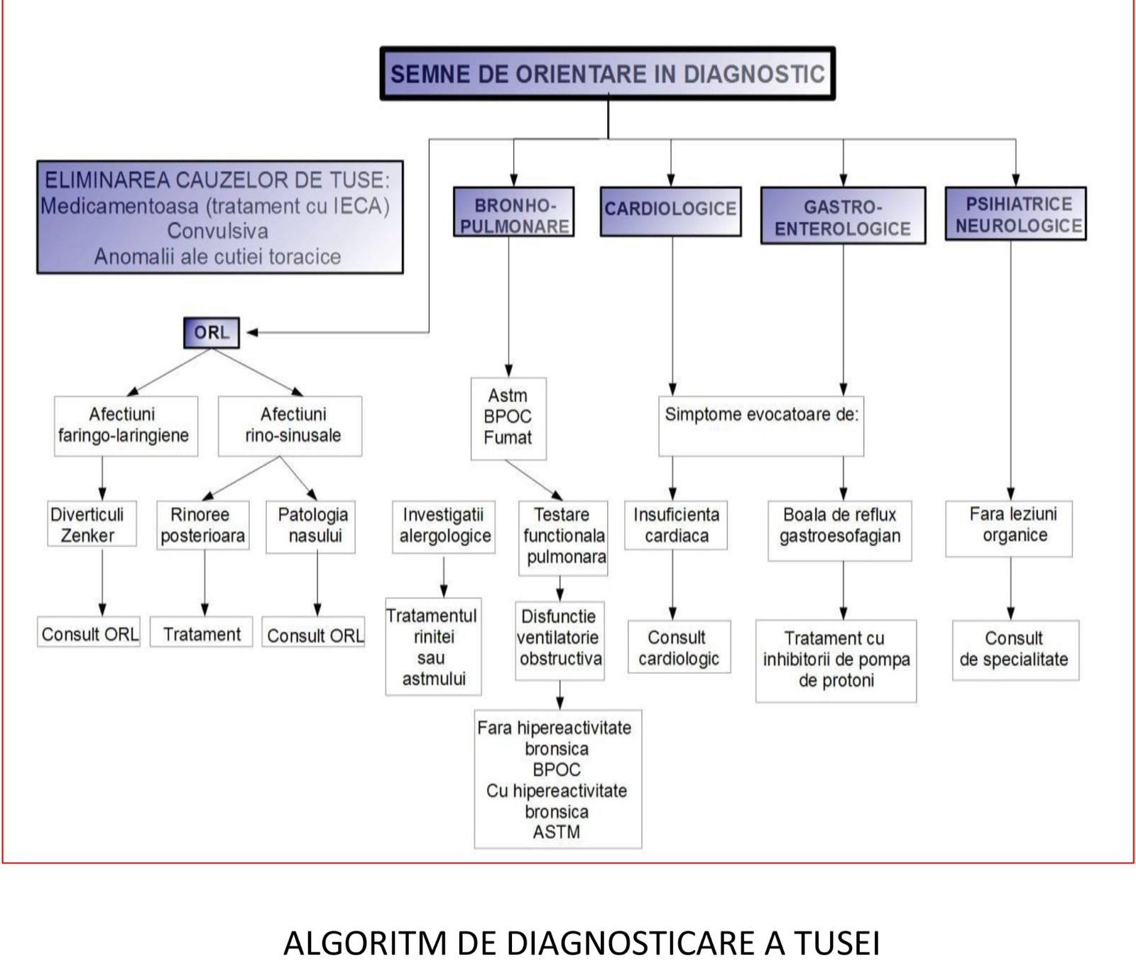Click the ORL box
click(211, 332)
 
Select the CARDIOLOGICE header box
click(670, 210)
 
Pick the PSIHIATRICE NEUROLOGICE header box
click(1015, 214)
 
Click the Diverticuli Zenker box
click(92, 525)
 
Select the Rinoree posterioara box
click(204, 525)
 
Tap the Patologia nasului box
click(310, 526)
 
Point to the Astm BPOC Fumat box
click(508, 417)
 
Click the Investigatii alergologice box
click(444, 526)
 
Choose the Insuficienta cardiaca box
click(676, 525)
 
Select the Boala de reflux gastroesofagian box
click(840, 530)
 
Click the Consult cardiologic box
click(679, 647)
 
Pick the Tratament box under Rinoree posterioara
click(202, 633)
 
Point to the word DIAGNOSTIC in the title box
click(754, 74)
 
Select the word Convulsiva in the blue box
click(218, 231)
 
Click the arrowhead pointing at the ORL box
click(252, 332)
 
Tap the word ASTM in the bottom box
click(557, 831)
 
